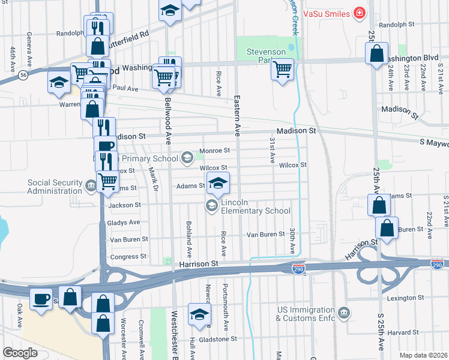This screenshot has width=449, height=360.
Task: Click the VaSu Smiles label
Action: click(x=327, y=13)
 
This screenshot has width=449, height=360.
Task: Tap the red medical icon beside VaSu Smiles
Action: click(x=359, y=13)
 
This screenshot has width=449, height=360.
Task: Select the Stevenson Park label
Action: click(x=266, y=56)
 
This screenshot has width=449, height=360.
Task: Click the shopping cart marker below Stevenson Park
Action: click(x=282, y=70)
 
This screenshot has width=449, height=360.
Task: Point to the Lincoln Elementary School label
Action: click(x=255, y=206)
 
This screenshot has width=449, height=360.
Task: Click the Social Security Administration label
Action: click(x=55, y=187)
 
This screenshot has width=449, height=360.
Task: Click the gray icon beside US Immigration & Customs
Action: click(x=343, y=313)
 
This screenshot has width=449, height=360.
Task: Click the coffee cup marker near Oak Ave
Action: click(x=41, y=299)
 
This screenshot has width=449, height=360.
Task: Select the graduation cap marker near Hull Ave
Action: click(x=200, y=314)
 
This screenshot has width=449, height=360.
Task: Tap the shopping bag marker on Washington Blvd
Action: click(x=376, y=54)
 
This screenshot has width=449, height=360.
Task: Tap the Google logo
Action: click(x=20, y=353)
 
